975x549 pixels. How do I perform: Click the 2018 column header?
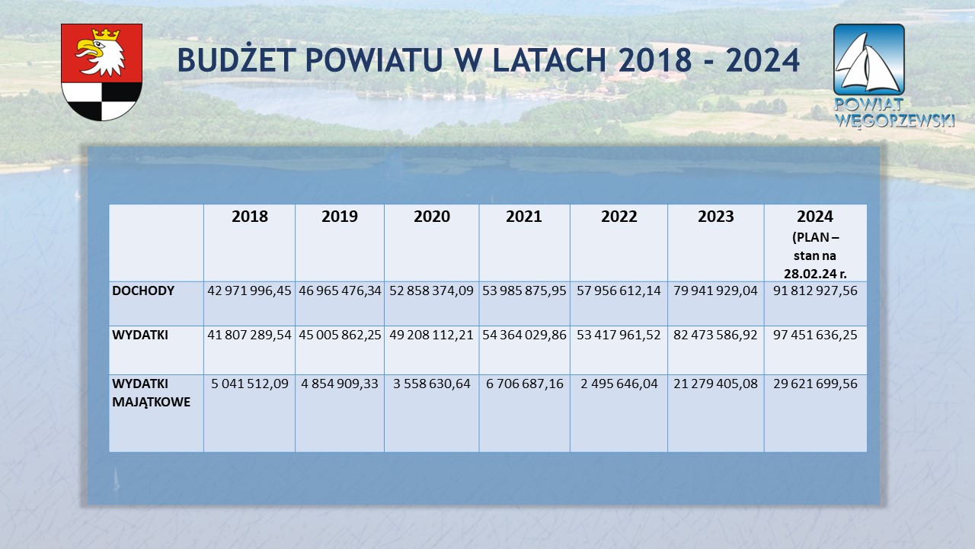pos(249,216)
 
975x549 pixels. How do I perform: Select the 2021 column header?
pos(523,216)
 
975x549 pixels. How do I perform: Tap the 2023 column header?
pos(715,216)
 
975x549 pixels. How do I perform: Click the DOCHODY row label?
pos(143,291)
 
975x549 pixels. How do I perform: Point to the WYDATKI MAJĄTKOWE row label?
pos(151,393)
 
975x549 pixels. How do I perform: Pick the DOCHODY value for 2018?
pos(249,291)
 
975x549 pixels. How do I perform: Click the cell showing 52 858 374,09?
pos(431,291)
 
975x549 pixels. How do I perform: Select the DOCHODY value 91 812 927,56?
pos(815,291)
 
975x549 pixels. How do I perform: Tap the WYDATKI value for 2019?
pos(340,335)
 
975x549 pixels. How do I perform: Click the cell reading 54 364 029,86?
pos(524,335)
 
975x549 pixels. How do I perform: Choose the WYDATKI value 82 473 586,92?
pos(715,335)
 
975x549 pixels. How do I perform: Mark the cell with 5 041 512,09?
pos(249,384)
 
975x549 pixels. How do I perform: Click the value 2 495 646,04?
pos(619,384)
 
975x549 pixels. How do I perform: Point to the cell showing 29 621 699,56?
pos(815,384)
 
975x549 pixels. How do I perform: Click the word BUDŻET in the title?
pos(237,59)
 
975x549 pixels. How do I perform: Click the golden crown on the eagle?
pos(106,34)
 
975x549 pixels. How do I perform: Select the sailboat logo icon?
pos(869,59)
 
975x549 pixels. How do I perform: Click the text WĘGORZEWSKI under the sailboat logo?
pos(895,120)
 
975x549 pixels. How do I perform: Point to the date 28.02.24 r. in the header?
pos(815,274)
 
